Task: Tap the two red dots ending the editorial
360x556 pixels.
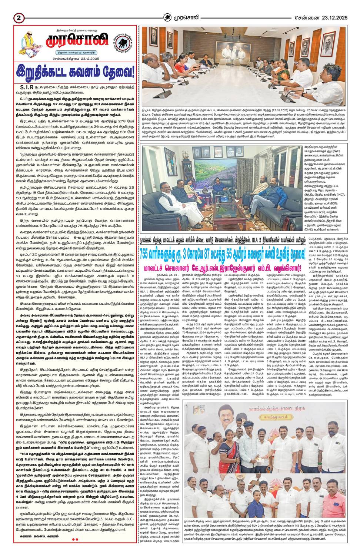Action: point(75,539)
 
